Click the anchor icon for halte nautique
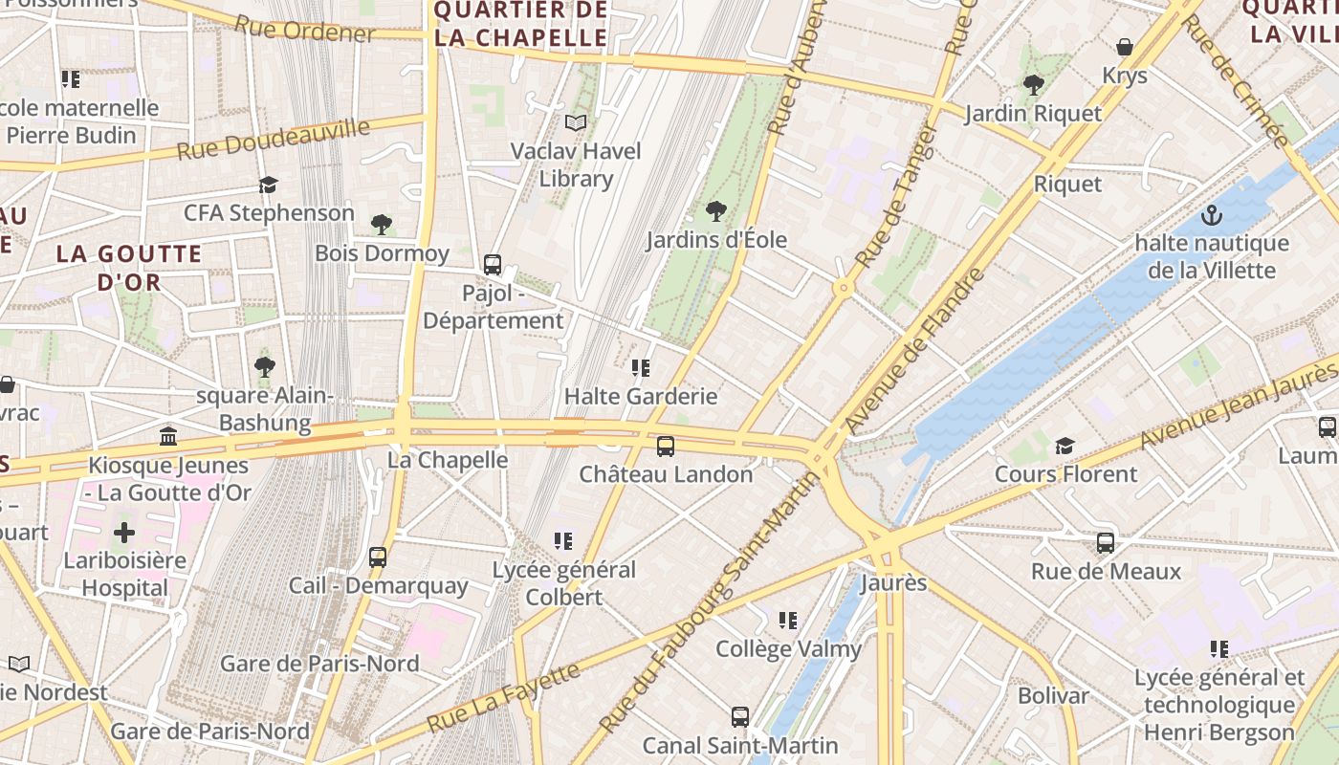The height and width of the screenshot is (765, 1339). (x=1212, y=215)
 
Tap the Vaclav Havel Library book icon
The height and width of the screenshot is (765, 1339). (x=575, y=122)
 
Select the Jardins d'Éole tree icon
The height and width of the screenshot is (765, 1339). (x=715, y=211)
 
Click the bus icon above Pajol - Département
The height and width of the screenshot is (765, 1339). (x=493, y=265)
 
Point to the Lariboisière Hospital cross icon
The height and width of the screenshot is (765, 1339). (x=124, y=533)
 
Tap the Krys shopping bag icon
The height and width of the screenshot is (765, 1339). (x=1125, y=47)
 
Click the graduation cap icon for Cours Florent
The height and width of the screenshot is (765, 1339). (x=1065, y=446)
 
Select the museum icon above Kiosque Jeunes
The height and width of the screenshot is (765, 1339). (x=168, y=437)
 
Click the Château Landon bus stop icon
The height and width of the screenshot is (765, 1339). (x=665, y=446)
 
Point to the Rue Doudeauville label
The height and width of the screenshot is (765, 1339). (x=274, y=140)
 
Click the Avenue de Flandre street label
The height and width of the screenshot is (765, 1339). (x=914, y=350)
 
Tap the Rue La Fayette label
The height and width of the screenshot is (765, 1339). (x=503, y=696)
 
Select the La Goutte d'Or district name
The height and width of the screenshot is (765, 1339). (x=129, y=268)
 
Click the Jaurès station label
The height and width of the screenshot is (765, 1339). (x=894, y=582)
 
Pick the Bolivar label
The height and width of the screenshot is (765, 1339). (x=1053, y=695)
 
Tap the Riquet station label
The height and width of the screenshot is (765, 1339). (x=1067, y=184)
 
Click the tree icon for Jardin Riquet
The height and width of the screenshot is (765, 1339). (x=1033, y=84)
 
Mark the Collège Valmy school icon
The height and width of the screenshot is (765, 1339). (x=788, y=621)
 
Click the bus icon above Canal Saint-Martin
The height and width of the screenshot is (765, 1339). (x=739, y=716)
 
